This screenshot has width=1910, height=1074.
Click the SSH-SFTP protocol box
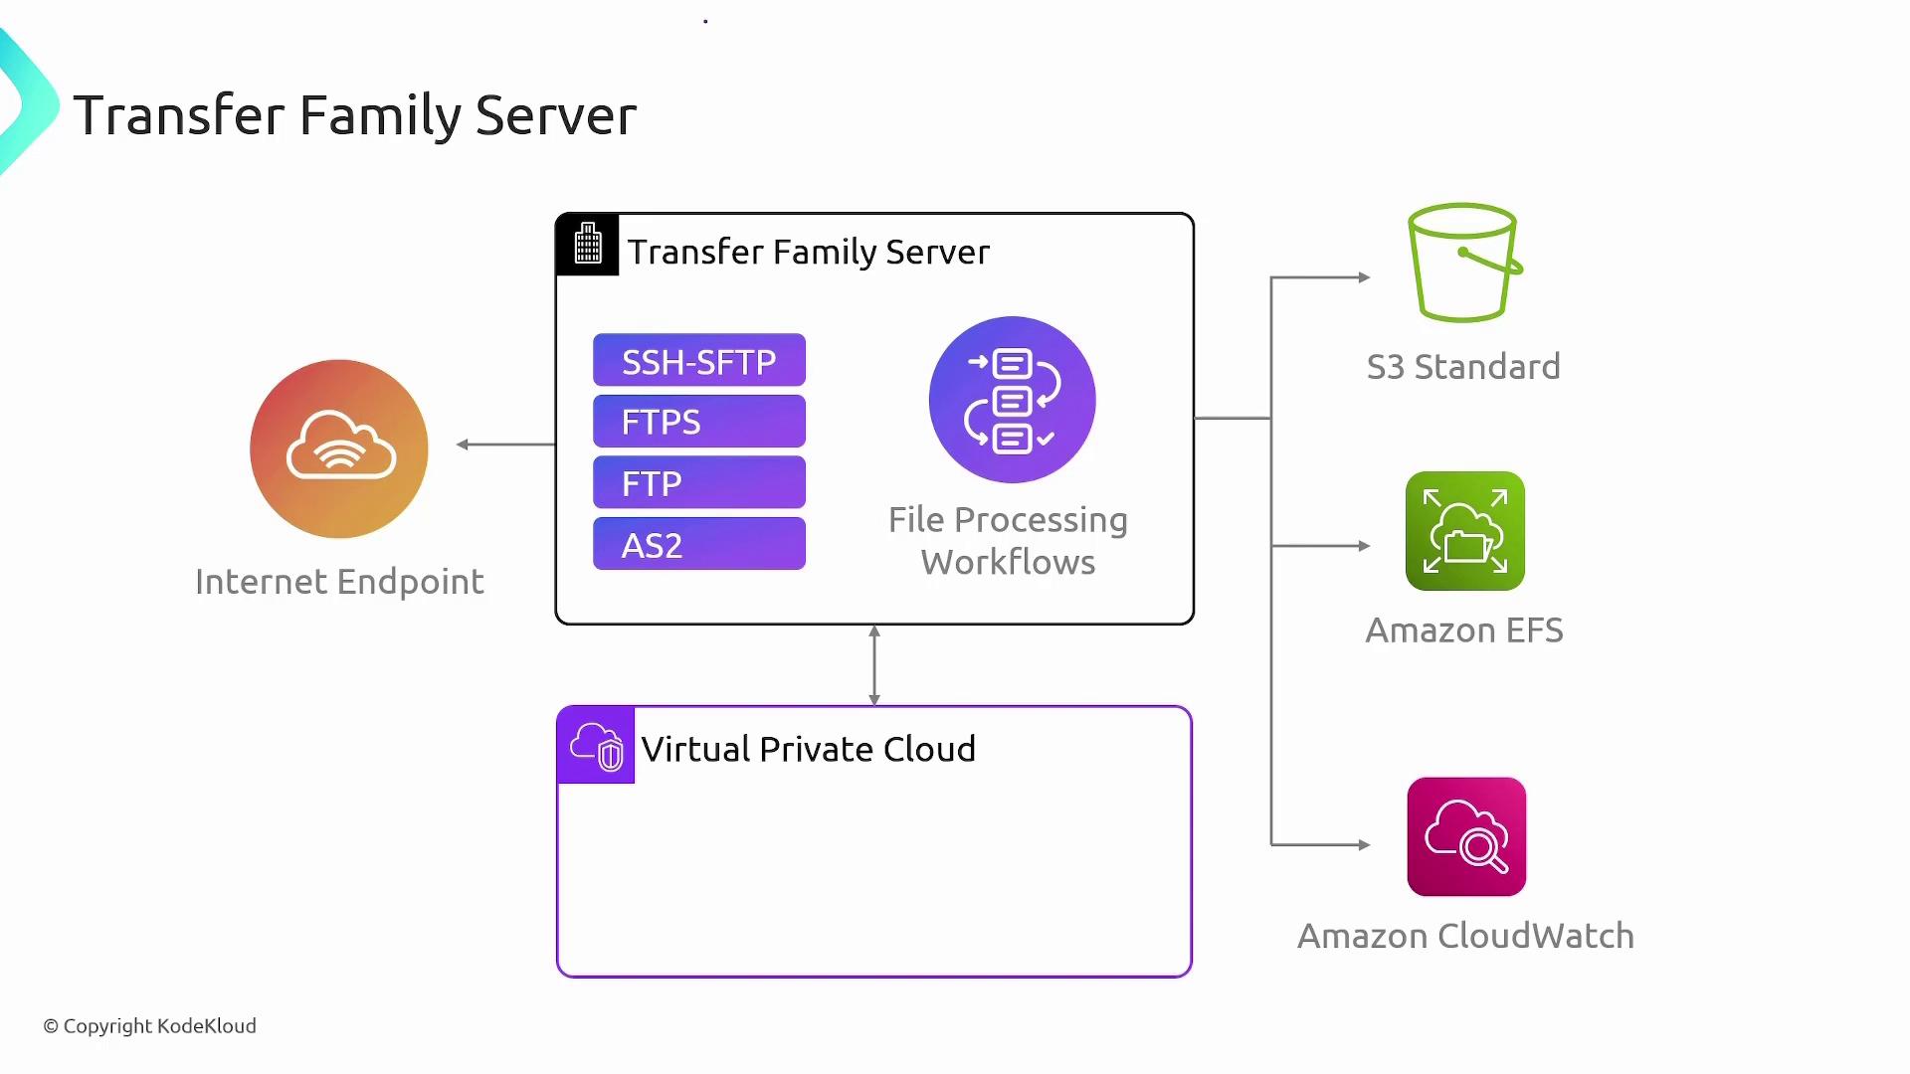pos(698,360)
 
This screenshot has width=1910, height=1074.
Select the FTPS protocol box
pos(698,422)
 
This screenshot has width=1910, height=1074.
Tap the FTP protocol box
pos(698,483)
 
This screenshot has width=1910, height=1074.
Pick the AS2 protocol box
pos(698,544)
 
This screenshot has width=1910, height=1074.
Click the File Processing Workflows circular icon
pos(1012,400)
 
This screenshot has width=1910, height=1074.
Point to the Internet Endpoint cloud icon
pos(339,448)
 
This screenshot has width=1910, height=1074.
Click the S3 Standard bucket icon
pos(1463,263)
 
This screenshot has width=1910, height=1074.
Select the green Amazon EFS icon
pos(1464,531)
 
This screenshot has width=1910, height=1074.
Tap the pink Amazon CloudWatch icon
pos(1466,836)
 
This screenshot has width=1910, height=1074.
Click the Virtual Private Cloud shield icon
pos(596,745)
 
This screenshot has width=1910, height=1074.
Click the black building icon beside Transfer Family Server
pos(588,244)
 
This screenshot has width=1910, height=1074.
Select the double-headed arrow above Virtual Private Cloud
pos(874,665)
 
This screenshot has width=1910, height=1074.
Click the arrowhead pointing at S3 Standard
pos(1364,277)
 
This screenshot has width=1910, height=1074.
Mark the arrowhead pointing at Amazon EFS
pos(1364,546)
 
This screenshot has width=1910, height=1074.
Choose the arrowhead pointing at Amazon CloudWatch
pos(1364,845)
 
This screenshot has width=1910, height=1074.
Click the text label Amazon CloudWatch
pos(1465,936)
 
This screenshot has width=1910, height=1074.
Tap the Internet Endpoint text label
pos(339,582)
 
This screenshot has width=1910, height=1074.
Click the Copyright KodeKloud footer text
pos(150,1026)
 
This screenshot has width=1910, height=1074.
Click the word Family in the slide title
pos(380,115)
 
